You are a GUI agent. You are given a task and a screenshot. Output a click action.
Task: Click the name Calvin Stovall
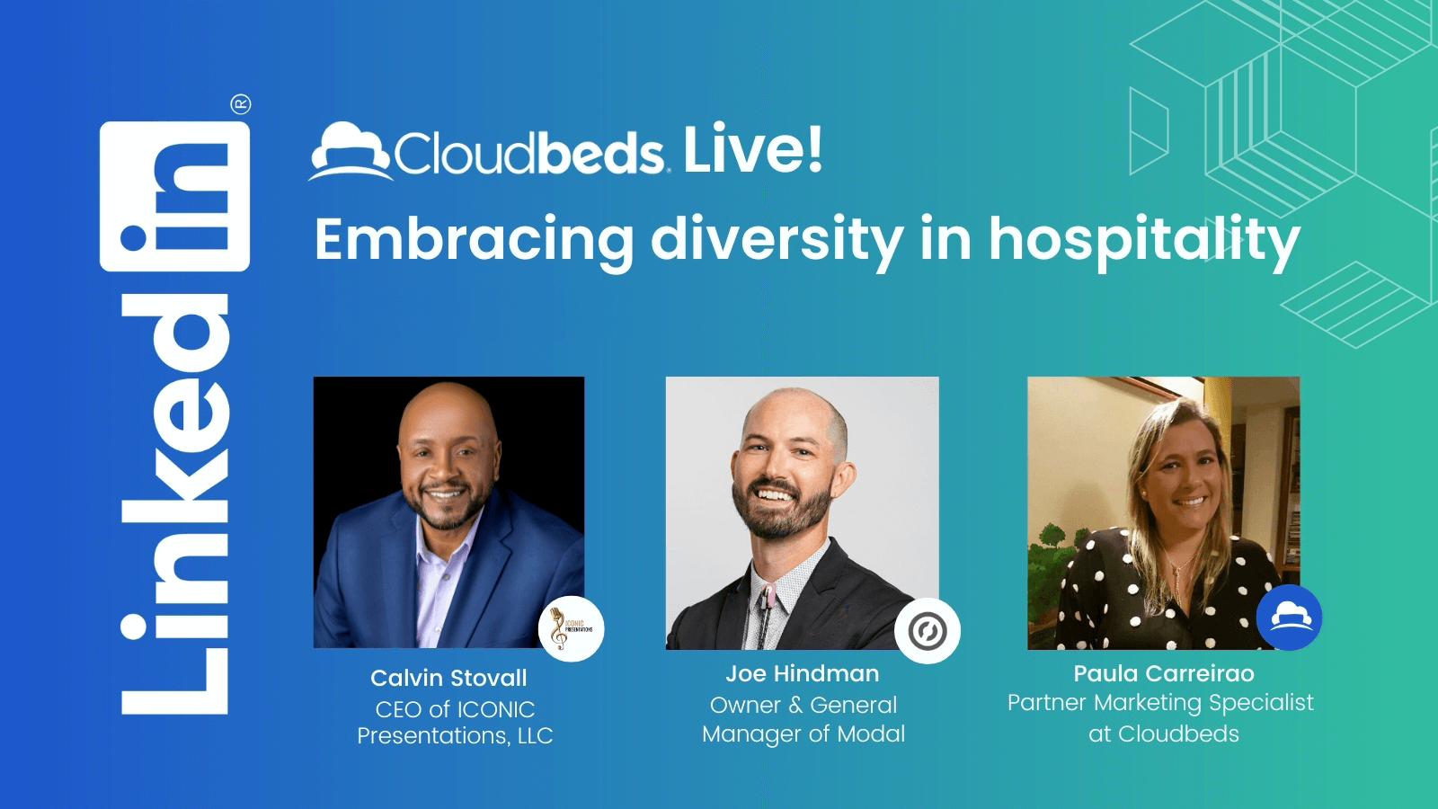[448, 678]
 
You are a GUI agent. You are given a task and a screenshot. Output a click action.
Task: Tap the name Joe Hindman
[803, 673]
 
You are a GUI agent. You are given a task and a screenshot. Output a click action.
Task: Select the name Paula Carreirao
[1164, 673]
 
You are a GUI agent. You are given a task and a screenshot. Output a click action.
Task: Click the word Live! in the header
[753, 149]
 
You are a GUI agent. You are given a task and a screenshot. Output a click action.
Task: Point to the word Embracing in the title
[474, 239]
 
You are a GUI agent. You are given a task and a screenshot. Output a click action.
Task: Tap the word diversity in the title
[777, 239]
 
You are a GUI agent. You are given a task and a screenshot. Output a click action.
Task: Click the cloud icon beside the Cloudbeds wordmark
[351, 151]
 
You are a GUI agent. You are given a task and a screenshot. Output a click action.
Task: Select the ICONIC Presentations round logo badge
[572, 628]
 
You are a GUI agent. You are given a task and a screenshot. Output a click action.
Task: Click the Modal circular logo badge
[928, 630]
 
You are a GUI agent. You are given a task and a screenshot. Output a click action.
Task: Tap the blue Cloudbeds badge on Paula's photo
[1289, 618]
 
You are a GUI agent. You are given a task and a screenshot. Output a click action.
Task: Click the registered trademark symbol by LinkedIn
[241, 104]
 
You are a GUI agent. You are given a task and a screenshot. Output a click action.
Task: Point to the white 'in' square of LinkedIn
[174, 197]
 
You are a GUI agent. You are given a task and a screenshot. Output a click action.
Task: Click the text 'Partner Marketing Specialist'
[1160, 703]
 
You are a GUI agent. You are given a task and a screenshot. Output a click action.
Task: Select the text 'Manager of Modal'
[803, 733]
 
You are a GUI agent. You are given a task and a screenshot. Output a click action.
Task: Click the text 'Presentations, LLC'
[455, 736]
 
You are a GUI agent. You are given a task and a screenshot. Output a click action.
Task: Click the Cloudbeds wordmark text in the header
[529, 153]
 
